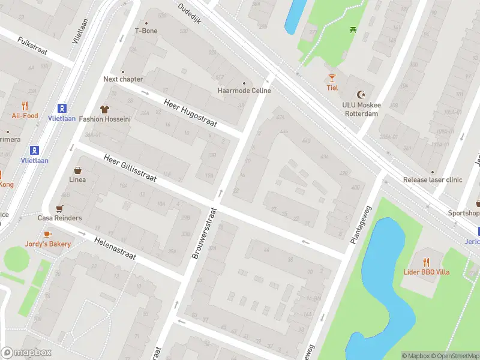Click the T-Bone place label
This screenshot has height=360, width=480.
coord(146,31)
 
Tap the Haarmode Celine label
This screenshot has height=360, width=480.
coord(244,91)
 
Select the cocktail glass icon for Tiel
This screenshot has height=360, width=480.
coord(332,78)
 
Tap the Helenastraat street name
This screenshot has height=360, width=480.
coord(115,247)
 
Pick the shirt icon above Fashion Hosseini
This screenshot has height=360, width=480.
coord(105,109)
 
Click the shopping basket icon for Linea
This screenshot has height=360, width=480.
coord(77,170)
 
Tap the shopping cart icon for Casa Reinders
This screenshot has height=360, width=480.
coord(59,209)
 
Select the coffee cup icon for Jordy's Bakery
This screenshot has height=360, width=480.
coord(48,234)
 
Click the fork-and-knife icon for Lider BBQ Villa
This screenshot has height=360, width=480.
coord(426,262)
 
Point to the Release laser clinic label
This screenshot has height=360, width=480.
coord(433,179)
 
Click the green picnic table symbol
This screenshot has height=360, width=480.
coord(353,29)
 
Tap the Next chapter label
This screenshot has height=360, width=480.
coord(123,79)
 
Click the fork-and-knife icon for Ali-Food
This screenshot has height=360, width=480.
coord(25,106)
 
